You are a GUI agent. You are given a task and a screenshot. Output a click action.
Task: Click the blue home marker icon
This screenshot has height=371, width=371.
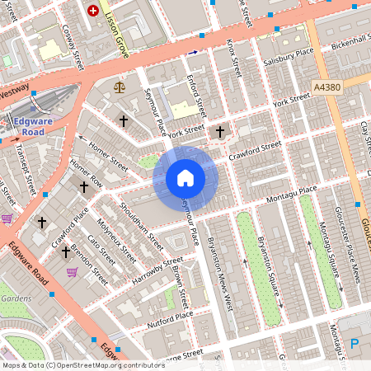(185, 178)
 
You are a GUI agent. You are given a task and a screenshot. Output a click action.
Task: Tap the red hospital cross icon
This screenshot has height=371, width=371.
(93, 11)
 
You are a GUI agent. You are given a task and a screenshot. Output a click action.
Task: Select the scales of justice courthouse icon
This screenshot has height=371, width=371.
(121, 86)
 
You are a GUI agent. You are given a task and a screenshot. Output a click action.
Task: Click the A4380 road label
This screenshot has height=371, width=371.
(326, 85)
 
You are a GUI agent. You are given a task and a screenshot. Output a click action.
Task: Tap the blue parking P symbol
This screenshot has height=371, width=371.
(355, 344)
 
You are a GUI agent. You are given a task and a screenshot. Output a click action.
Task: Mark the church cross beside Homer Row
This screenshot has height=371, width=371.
(83, 188)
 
